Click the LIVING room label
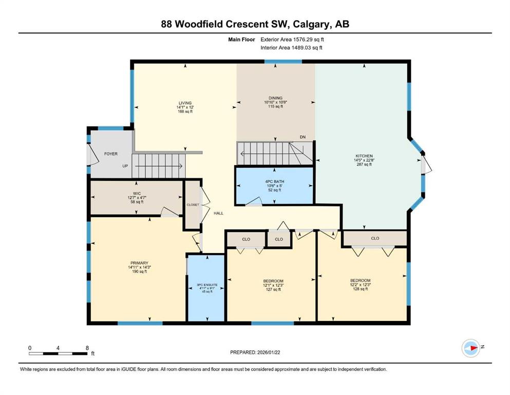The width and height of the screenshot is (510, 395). tap(185, 103)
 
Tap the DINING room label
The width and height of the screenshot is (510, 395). tap(275, 98)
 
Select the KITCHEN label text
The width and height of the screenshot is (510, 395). tap(364, 156)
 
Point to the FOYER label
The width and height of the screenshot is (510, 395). tap(111, 154)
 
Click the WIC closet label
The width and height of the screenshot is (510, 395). tap(137, 193)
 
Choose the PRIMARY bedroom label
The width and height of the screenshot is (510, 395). tap(139, 263)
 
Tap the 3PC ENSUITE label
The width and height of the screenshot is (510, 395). tap(207, 285)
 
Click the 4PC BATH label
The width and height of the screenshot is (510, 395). tap(274, 182)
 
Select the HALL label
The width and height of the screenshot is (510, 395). tap(219, 213)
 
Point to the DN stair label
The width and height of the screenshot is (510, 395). tap(303, 137)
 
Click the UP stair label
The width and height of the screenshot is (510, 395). tap(125, 166)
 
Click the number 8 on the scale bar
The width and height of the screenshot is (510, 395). tap(87, 348)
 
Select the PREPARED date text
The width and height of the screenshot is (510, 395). tap(255, 352)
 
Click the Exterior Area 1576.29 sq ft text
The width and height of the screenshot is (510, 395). tap(292, 40)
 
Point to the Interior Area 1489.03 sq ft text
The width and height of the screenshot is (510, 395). tap(291, 47)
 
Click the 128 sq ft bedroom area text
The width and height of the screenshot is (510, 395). tap(361, 289)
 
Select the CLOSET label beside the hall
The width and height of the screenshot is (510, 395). tap(193, 205)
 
